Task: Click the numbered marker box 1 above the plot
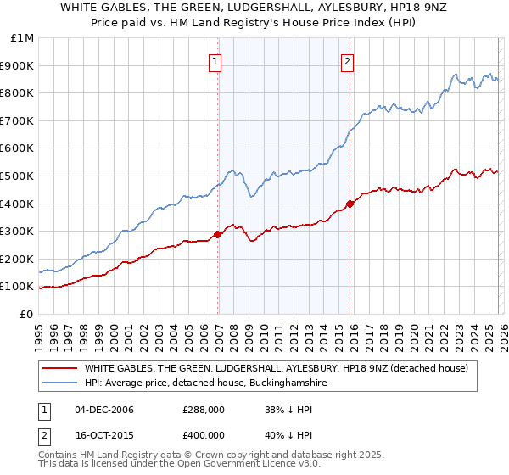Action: point(215,61)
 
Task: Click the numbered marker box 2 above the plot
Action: point(348,61)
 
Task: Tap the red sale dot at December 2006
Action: point(218,234)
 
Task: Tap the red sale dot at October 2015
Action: point(350,204)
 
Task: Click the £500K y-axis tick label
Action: point(18,176)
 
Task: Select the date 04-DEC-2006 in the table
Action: point(104,410)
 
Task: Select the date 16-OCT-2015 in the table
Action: point(104,434)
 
